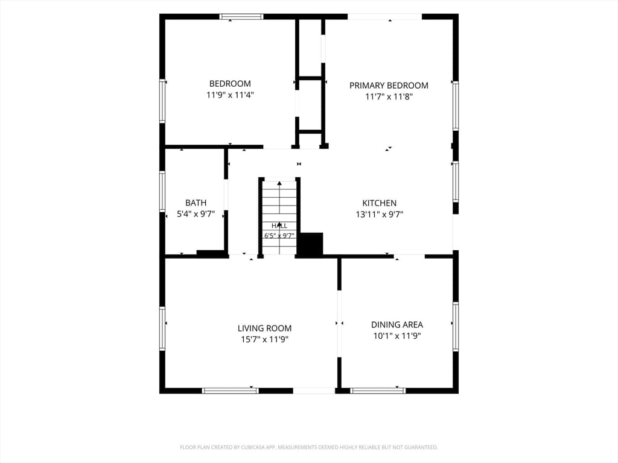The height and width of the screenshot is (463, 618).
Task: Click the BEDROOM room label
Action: tap(230, 83)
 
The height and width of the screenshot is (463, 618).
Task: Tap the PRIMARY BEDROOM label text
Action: tap(389, 86)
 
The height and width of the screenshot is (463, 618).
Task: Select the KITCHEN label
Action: tap(379, 203)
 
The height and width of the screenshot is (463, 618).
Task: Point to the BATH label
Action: tap(196, 203)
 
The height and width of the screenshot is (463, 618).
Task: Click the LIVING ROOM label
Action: tap(264, 329)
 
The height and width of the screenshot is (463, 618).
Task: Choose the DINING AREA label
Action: tap(397, 325)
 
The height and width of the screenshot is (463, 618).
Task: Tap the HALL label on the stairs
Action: tap(279, 225)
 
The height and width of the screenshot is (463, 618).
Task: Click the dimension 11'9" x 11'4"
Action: tap(230, 95)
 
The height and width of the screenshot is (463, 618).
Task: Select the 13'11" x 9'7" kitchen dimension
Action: tap(379, 215)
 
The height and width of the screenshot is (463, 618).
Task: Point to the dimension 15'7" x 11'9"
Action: tap(264, 339)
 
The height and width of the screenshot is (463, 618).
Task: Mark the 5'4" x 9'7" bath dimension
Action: tap(196, 214)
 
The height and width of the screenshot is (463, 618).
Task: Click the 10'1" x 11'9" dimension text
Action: tap(397, 336)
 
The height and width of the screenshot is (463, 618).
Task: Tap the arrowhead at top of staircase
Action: tap(279, 183)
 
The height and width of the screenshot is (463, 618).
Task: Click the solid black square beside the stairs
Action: tap(310, 244)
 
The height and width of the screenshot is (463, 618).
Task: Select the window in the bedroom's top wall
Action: tap(241, 16)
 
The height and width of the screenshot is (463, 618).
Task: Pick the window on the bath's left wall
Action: tap(162, 191)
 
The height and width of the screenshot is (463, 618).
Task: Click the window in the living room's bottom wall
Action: tap(230, 391)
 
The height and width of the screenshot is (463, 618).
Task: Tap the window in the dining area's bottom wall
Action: tap(378, 391)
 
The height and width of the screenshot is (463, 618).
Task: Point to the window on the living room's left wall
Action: tap(162, 329)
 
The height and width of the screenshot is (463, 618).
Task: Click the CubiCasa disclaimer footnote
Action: tap(308, 447)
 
